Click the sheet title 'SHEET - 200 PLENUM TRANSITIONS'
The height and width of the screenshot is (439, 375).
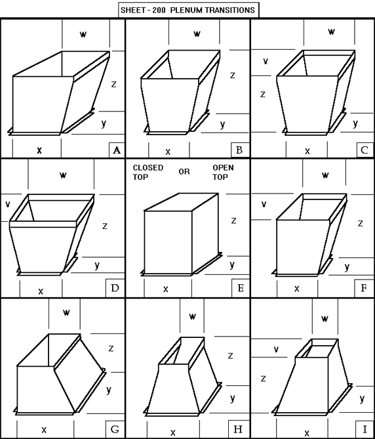click(188, 10)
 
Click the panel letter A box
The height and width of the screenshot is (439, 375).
click(117, 150)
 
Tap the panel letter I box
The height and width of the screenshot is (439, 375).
click(366, 430)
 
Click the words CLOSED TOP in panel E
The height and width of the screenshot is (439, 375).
click(148, 173)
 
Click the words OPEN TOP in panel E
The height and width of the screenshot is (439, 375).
click(223, 173)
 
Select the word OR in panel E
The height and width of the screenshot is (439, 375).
click(184, 172)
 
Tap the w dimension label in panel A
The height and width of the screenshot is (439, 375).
click(83, 34)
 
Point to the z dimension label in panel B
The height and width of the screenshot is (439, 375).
click(233, 75)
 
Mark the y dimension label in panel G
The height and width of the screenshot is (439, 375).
click(109, 390)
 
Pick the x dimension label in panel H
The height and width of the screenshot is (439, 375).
click(173, 432)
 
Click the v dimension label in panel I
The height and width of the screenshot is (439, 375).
click(275, 349)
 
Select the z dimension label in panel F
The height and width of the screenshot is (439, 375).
click(360, 224)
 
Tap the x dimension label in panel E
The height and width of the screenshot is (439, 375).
click(166, 288)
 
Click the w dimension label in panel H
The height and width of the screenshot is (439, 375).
click(193, 316)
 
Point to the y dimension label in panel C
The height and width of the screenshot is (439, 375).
click(355, 123)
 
